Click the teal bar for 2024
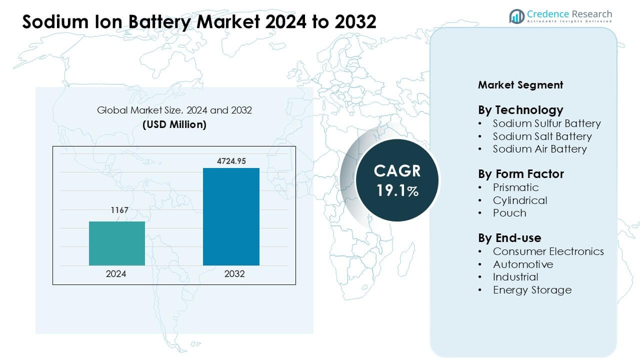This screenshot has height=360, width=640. (x=117, y=243)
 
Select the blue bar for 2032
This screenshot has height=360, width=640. (x=231, y=216)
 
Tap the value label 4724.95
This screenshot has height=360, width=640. (x=231, y=161)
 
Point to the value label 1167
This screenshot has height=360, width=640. (x=119, y=210)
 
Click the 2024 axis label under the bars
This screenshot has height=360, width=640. (x=116, y=274)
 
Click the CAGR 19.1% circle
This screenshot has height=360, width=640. (x=397, y=180)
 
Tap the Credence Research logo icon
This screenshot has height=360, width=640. (x=516, y=16)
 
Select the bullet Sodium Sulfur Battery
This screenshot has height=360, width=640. (x=546, y=123)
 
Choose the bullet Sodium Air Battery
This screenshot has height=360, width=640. (x=539, y=149)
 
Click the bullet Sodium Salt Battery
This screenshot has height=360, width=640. (x=542, y=136)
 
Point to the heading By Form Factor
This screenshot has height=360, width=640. (x=520, y=174)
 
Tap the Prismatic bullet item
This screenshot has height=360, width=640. (x=515, y=187)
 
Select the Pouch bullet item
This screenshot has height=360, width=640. (x=509, y=213)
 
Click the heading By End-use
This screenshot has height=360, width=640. (x=509, y=238)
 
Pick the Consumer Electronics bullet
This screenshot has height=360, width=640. (x=548, y=251)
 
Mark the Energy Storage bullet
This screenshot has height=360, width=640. (x=532, y=290)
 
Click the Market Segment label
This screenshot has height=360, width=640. (x=520, y=85)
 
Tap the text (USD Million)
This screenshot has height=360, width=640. (x=174, y=124)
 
